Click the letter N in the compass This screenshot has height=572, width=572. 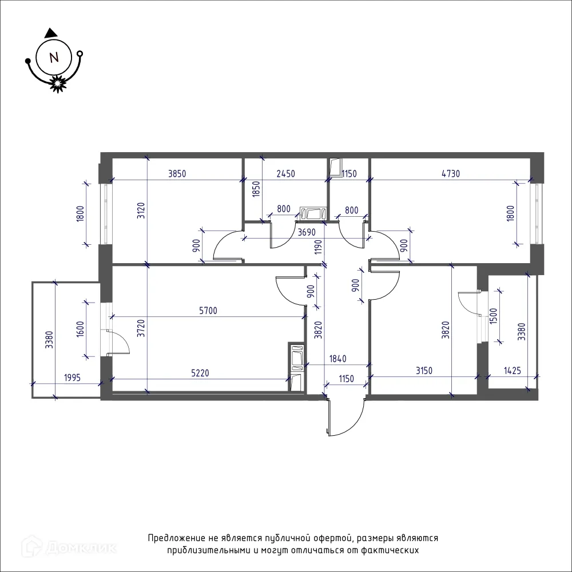(x=54, y=57)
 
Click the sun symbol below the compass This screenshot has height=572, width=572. (x=57, y=84)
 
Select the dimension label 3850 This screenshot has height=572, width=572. (x=177, y=174)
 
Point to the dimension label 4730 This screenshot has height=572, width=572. (x=451, y=174)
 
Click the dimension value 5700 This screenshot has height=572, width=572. (x=208, y=311)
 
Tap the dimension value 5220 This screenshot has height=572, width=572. (x=200, y=373)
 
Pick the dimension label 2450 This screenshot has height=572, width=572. (x=285, y=174)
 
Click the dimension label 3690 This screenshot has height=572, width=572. (x=307, y=232)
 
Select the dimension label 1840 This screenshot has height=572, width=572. (x=338, y=359)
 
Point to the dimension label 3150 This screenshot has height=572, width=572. (x=424, y=371)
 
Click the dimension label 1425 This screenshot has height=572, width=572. (x=513, y=371)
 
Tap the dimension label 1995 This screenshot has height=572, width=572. (x=72, y=378)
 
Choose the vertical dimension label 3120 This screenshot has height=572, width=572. (x=141, y=210)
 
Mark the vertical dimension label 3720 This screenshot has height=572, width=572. (x=141, y=328)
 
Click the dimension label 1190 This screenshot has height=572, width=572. (x=319, y=247)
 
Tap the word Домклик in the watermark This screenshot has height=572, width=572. (x=81, y=547)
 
